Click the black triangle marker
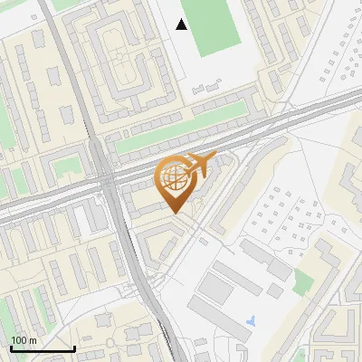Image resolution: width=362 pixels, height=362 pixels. (182, 24)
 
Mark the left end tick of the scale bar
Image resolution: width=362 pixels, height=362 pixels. (11, 348)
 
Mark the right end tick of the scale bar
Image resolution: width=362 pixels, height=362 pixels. (74, 348)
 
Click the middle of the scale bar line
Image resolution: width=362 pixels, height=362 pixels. (43, 349)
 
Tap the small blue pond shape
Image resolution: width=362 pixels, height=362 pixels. (251, 320)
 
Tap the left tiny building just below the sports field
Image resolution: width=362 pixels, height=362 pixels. (198, 88)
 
